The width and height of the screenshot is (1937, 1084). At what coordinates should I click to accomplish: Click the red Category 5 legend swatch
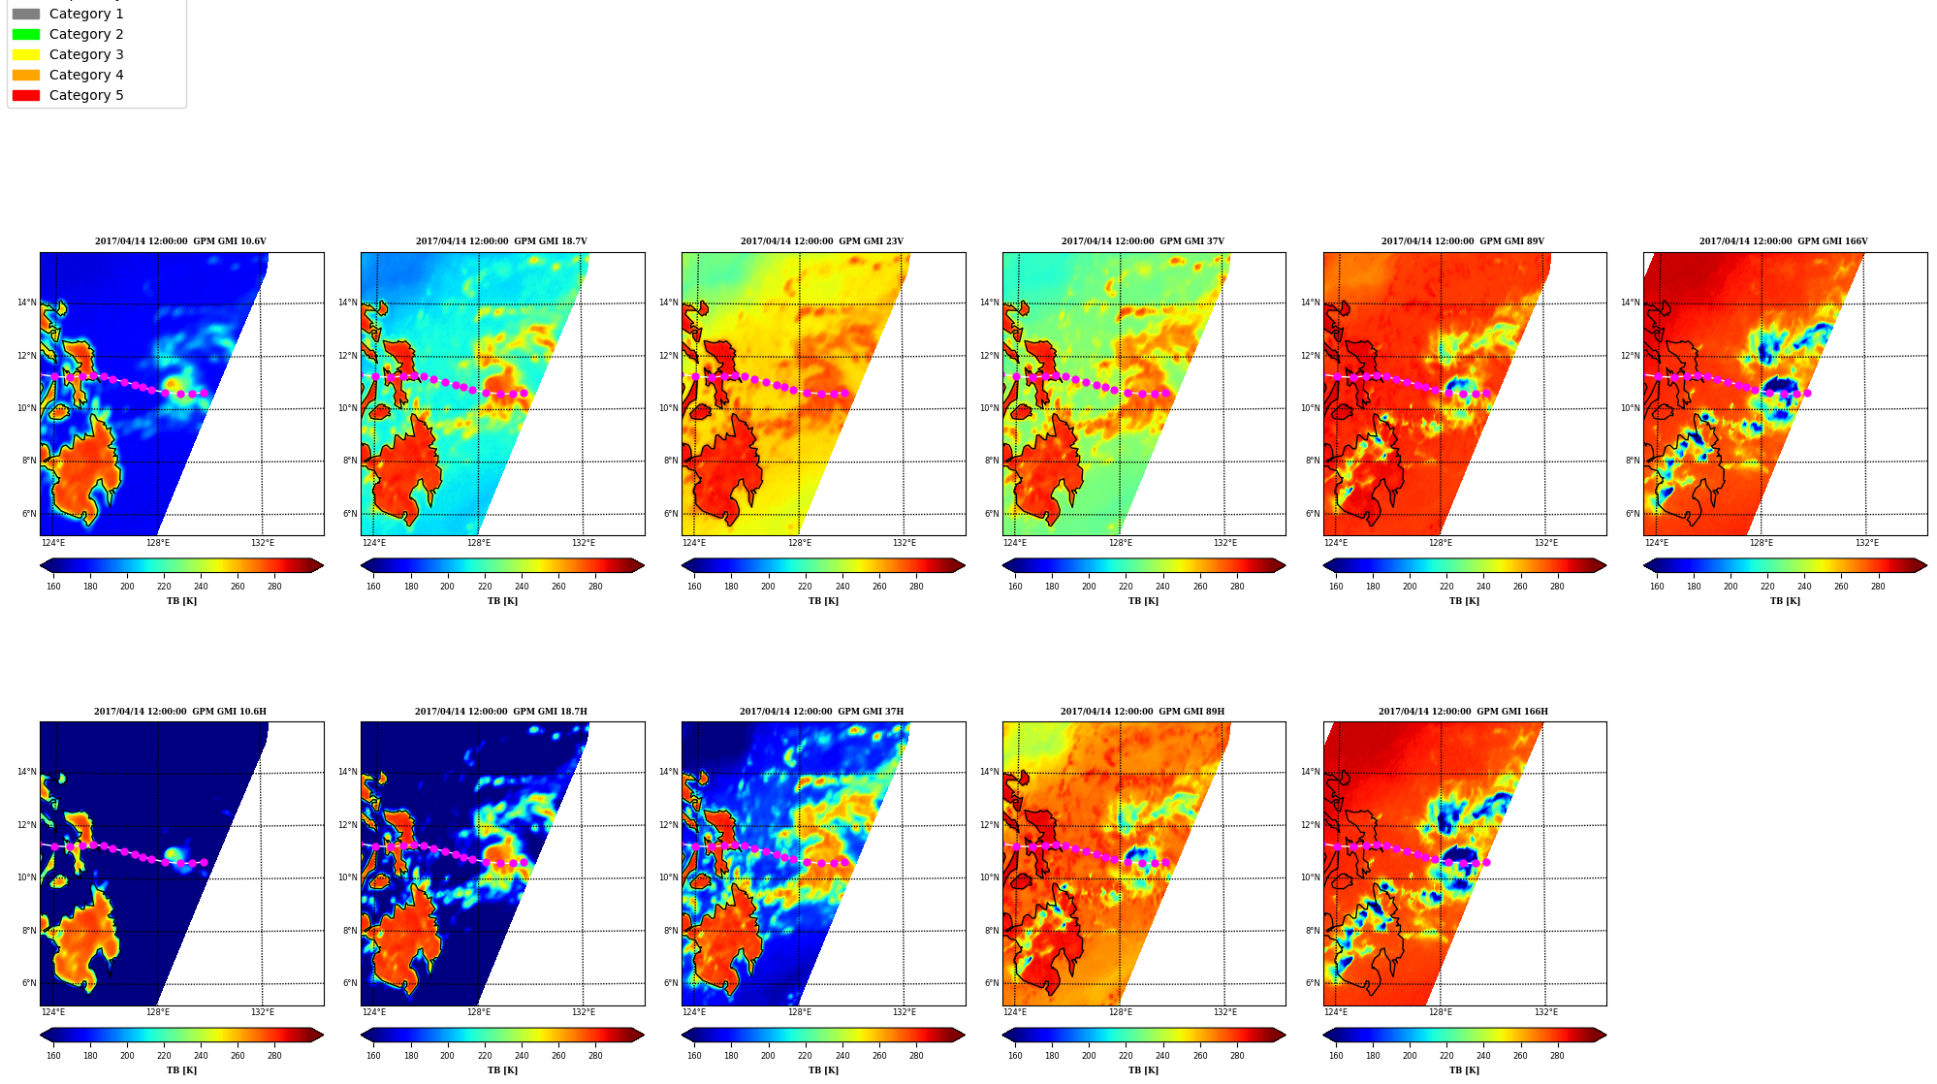[26, 95]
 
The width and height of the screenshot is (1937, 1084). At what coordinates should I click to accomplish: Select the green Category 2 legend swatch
[26, 34]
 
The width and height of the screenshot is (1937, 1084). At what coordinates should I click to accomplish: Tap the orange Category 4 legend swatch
[26, 75]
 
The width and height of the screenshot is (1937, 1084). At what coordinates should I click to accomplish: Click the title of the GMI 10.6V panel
[180, 241]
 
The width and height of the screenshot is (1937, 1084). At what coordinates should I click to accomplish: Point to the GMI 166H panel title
[1463, 712]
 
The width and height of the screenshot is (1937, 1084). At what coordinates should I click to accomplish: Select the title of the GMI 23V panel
[822, 241]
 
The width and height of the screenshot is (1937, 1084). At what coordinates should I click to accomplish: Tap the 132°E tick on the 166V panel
[1867, 543]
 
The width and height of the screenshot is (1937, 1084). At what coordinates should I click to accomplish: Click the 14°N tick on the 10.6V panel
[26, 303]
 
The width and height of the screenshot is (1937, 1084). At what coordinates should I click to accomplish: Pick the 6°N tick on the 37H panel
[671, 983]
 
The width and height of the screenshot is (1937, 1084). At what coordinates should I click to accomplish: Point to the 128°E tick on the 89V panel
[1441, 543]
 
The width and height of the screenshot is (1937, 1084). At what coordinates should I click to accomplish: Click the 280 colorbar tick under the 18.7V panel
[595, 587]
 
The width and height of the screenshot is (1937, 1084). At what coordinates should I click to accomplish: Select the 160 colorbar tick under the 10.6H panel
[53, 1056]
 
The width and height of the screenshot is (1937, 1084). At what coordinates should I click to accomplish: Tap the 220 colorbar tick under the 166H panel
[1446, 1056]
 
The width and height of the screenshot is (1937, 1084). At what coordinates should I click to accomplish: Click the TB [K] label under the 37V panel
[1143, 601]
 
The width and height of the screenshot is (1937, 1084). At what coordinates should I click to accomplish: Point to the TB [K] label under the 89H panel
[1143, 1070]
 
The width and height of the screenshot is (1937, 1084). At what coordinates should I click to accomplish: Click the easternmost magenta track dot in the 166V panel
[1807, 394]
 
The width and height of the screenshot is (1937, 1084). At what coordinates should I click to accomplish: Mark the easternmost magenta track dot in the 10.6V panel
[204, 394]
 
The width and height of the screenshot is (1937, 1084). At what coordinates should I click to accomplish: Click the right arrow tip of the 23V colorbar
[965, 565]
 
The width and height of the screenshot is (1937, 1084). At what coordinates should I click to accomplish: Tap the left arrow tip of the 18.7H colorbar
[362, 1035]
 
